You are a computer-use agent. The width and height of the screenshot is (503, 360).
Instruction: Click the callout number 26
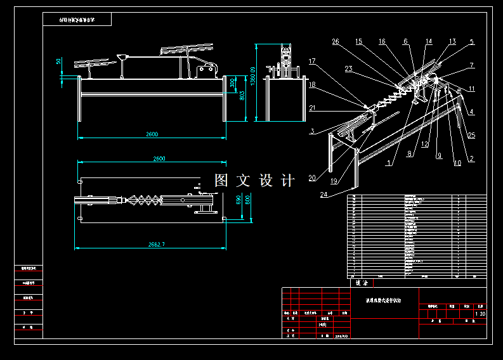(x=336, y=42)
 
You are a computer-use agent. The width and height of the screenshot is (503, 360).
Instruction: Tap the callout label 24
(x=325, y=194)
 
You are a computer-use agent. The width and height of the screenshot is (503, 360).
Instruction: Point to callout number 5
(x=471, y=42)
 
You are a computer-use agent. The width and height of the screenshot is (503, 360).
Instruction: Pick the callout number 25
(x=471, y=135)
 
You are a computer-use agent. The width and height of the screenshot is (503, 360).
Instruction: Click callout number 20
(x=312, y=177)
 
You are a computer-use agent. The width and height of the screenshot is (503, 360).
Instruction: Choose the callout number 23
(x=349, y=68)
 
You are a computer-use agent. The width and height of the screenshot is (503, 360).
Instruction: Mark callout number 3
(x=312, y=131)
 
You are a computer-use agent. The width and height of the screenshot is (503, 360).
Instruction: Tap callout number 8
(x=410, y=153)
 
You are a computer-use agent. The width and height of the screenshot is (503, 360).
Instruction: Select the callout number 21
(x=312, y=108)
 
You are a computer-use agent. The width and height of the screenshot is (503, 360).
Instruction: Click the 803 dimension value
(x=242, y=95)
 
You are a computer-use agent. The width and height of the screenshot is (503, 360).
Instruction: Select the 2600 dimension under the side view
(x=152, y=134)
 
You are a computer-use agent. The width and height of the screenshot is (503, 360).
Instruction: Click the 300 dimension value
(x=232, y=83)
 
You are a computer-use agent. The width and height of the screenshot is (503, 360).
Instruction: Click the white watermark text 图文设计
(x=254, y=181)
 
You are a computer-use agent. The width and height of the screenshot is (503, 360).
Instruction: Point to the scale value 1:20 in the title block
(x=480, y=314)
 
